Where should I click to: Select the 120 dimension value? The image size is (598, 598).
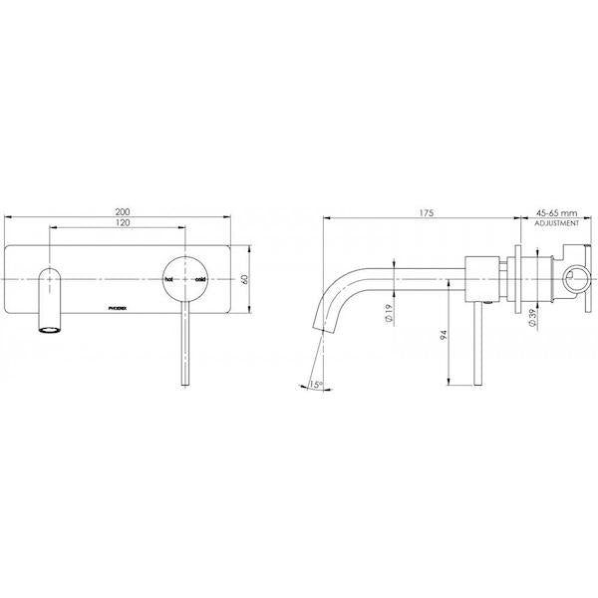[123, 226]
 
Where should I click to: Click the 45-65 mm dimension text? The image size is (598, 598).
[556, 213]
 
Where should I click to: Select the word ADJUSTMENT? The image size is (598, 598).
[556, 226]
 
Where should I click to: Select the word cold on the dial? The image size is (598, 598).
[200, 280]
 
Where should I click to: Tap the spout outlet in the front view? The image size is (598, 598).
[47, 327]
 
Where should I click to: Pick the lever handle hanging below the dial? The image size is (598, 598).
[184, 349]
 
